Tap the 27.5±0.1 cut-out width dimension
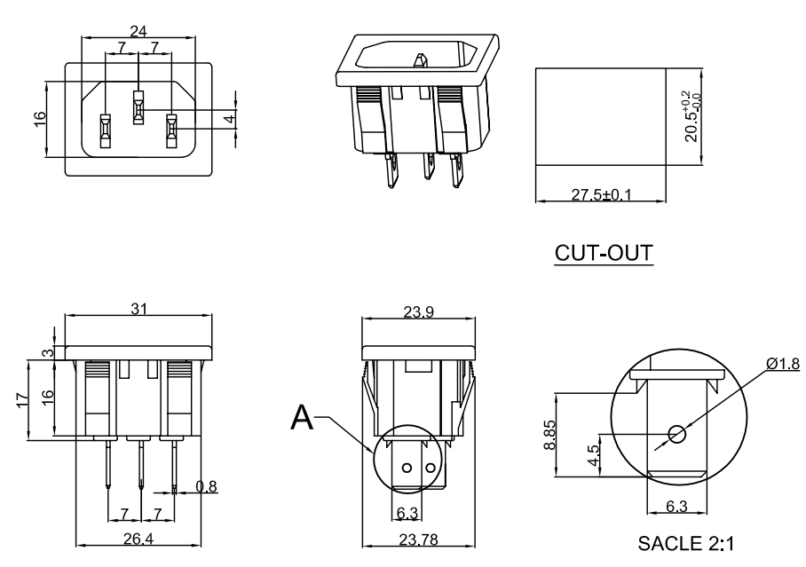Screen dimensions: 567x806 (600, 194)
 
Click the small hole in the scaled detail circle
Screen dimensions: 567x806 (677, 434)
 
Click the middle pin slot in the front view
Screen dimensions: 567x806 (138, 107)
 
